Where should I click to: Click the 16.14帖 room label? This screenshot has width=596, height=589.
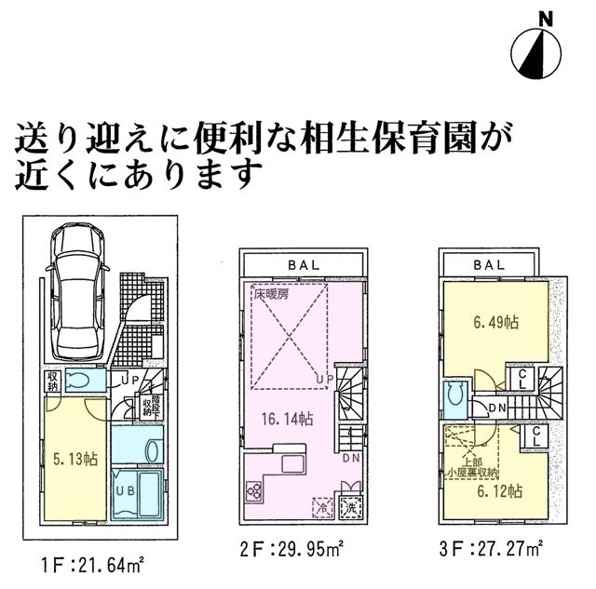[279, 419]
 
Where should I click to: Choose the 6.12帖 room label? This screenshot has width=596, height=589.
[494, 490]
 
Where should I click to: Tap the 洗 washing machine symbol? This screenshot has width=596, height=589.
[349, 508]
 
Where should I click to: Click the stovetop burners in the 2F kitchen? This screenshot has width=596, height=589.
[252, 490]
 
